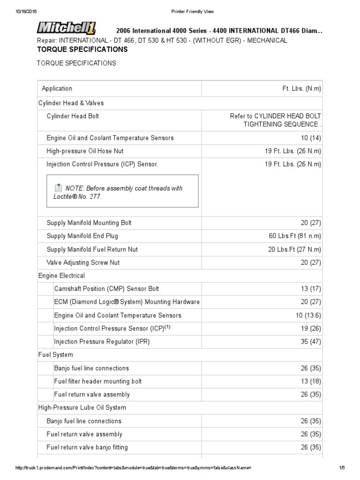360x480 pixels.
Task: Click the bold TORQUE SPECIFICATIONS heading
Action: tap(82, 49)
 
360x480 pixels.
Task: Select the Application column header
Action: tap(57, 89)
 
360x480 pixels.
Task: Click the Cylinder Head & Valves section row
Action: tap(71, 103)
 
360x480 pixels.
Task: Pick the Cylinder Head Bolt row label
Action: tap(73, 116)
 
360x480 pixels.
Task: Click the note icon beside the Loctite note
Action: tap(58, 188)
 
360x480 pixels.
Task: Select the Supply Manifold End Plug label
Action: tap(82, 236)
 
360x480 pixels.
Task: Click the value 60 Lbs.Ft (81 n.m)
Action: tap(292, 236)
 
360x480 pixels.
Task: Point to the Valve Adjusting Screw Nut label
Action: tap(83, 262)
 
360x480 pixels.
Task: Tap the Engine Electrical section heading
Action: tap(61, 276)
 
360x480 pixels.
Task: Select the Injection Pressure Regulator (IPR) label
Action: tap(102, 342)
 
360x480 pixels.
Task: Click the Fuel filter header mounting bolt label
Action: tap(98, 381)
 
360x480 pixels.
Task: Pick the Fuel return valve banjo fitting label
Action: tap(87, 447)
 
